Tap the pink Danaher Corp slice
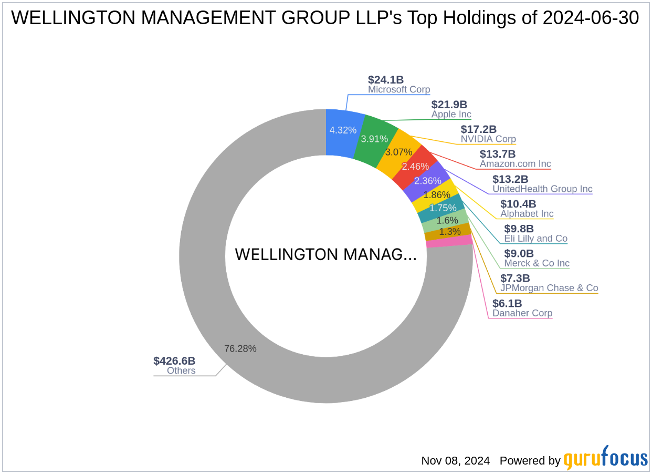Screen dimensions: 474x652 (x=449, y=241)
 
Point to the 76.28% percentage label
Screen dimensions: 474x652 (x=240, y=348)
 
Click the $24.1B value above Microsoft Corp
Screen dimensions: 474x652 (x=386, y=80)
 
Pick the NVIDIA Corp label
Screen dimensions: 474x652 (x=488, y=139)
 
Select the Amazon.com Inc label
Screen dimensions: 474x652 (x=515, y=164)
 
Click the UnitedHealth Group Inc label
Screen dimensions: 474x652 (x=542, y=189)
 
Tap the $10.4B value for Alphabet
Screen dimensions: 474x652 (x=518, y=204)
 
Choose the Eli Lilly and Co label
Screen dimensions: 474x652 (x=535, y=239)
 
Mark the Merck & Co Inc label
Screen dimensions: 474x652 (x=537, y=263)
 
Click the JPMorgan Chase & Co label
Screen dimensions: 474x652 (x=549, y=288)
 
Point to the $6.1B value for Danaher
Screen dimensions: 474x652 (x=507, y=303)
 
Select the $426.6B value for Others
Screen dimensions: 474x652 (x=174, y=360)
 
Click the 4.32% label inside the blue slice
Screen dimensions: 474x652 (x=343, y=130)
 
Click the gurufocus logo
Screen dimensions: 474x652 (x=605, y=458)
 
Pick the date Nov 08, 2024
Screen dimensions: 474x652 (x=455, y=461)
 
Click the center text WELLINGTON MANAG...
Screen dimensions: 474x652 (x=325, y=254)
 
